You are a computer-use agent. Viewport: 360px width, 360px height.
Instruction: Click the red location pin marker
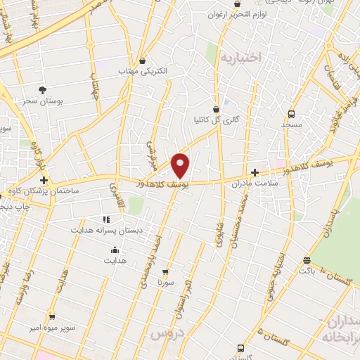tap(181, 165)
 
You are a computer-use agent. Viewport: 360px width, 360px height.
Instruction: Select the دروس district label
tap(167, 333)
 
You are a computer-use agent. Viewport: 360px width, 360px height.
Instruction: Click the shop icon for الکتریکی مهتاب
tap(143, 61)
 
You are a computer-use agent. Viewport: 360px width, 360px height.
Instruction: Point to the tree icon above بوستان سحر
tap(42, 90)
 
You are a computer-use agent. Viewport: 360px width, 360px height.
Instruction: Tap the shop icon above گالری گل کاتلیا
tap(216, 109)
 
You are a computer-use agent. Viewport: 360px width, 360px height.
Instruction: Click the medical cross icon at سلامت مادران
tap(255, 172)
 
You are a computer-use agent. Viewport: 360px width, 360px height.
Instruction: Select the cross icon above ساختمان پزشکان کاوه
tap(44, 180)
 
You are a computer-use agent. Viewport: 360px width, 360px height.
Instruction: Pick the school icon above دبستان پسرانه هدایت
tap(106, 219)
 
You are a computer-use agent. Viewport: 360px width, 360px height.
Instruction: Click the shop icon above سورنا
tap(165, 271)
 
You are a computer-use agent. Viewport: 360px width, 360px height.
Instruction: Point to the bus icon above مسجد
tap(291, 113)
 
